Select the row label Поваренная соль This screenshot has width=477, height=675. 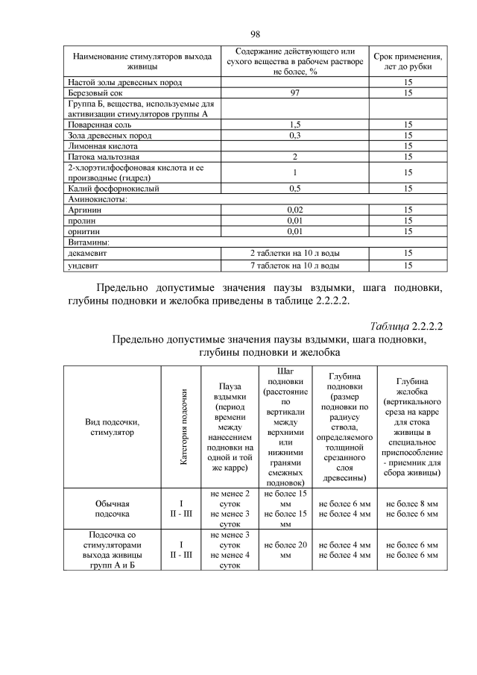(x=98, y=125)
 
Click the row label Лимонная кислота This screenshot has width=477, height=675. (x=98, y=146)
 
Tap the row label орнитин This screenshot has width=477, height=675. (x=83, y=232)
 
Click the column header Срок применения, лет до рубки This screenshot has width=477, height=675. (x=408, y=62)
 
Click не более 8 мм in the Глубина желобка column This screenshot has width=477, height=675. (x=412, y=504)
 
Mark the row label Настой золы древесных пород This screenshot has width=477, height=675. (x=125, y=82)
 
